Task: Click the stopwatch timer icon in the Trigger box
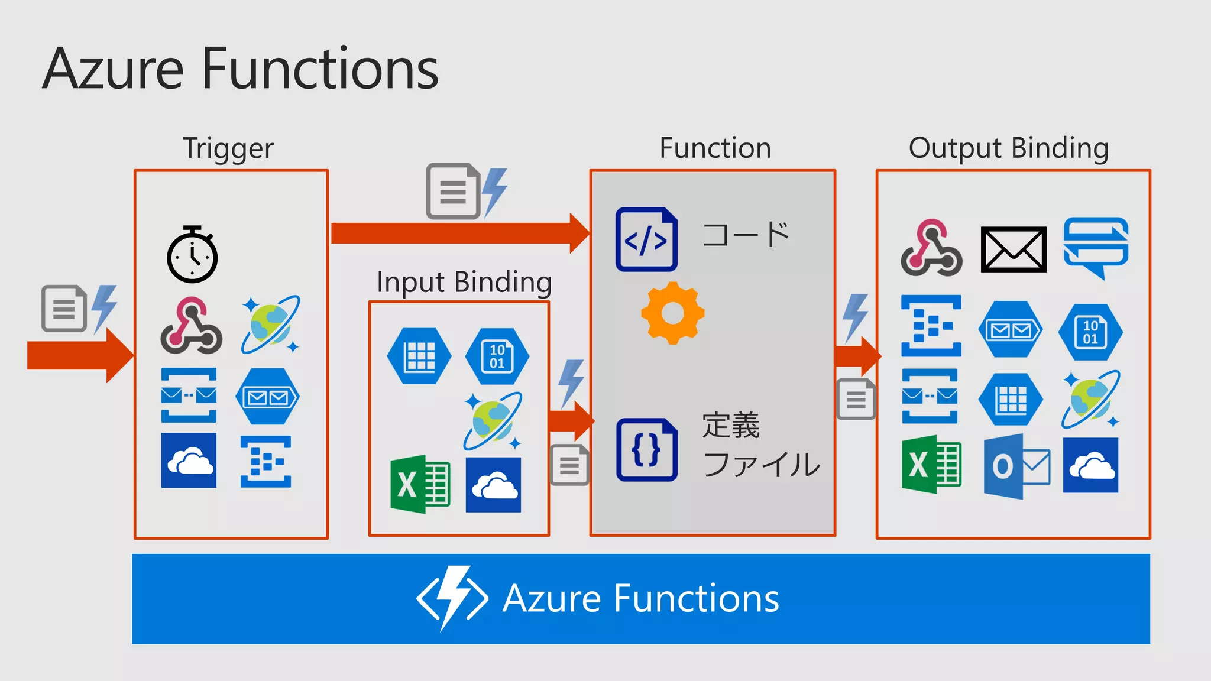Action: point(192,255)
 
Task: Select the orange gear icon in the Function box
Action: point(672,313)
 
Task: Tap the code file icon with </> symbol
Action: point(646,239)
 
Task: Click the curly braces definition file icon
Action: point(646,449)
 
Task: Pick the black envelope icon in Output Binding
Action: point(1014,249)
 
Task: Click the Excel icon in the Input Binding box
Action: point(420,484)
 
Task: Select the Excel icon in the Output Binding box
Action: point(931,465)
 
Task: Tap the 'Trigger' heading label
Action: point(228,148)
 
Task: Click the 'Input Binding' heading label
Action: point(464,282)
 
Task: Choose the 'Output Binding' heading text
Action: point(1008,148)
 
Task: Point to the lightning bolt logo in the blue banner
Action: point(452,598)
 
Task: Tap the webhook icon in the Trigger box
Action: point(191,326)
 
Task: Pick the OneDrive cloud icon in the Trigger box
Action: point(189,461)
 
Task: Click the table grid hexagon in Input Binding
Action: point(419,356)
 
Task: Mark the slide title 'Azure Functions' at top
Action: point(240,69)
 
